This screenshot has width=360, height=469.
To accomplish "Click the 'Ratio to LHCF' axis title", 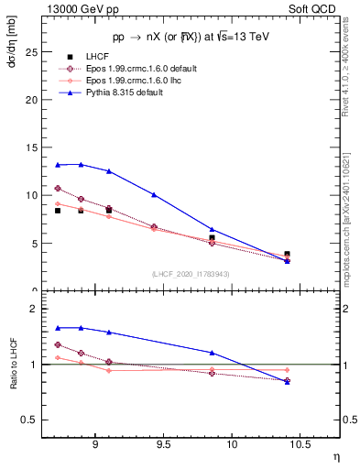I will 12,365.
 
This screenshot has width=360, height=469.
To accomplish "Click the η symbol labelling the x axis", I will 335,458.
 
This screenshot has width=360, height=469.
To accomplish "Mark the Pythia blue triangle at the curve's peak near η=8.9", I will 81,164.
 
